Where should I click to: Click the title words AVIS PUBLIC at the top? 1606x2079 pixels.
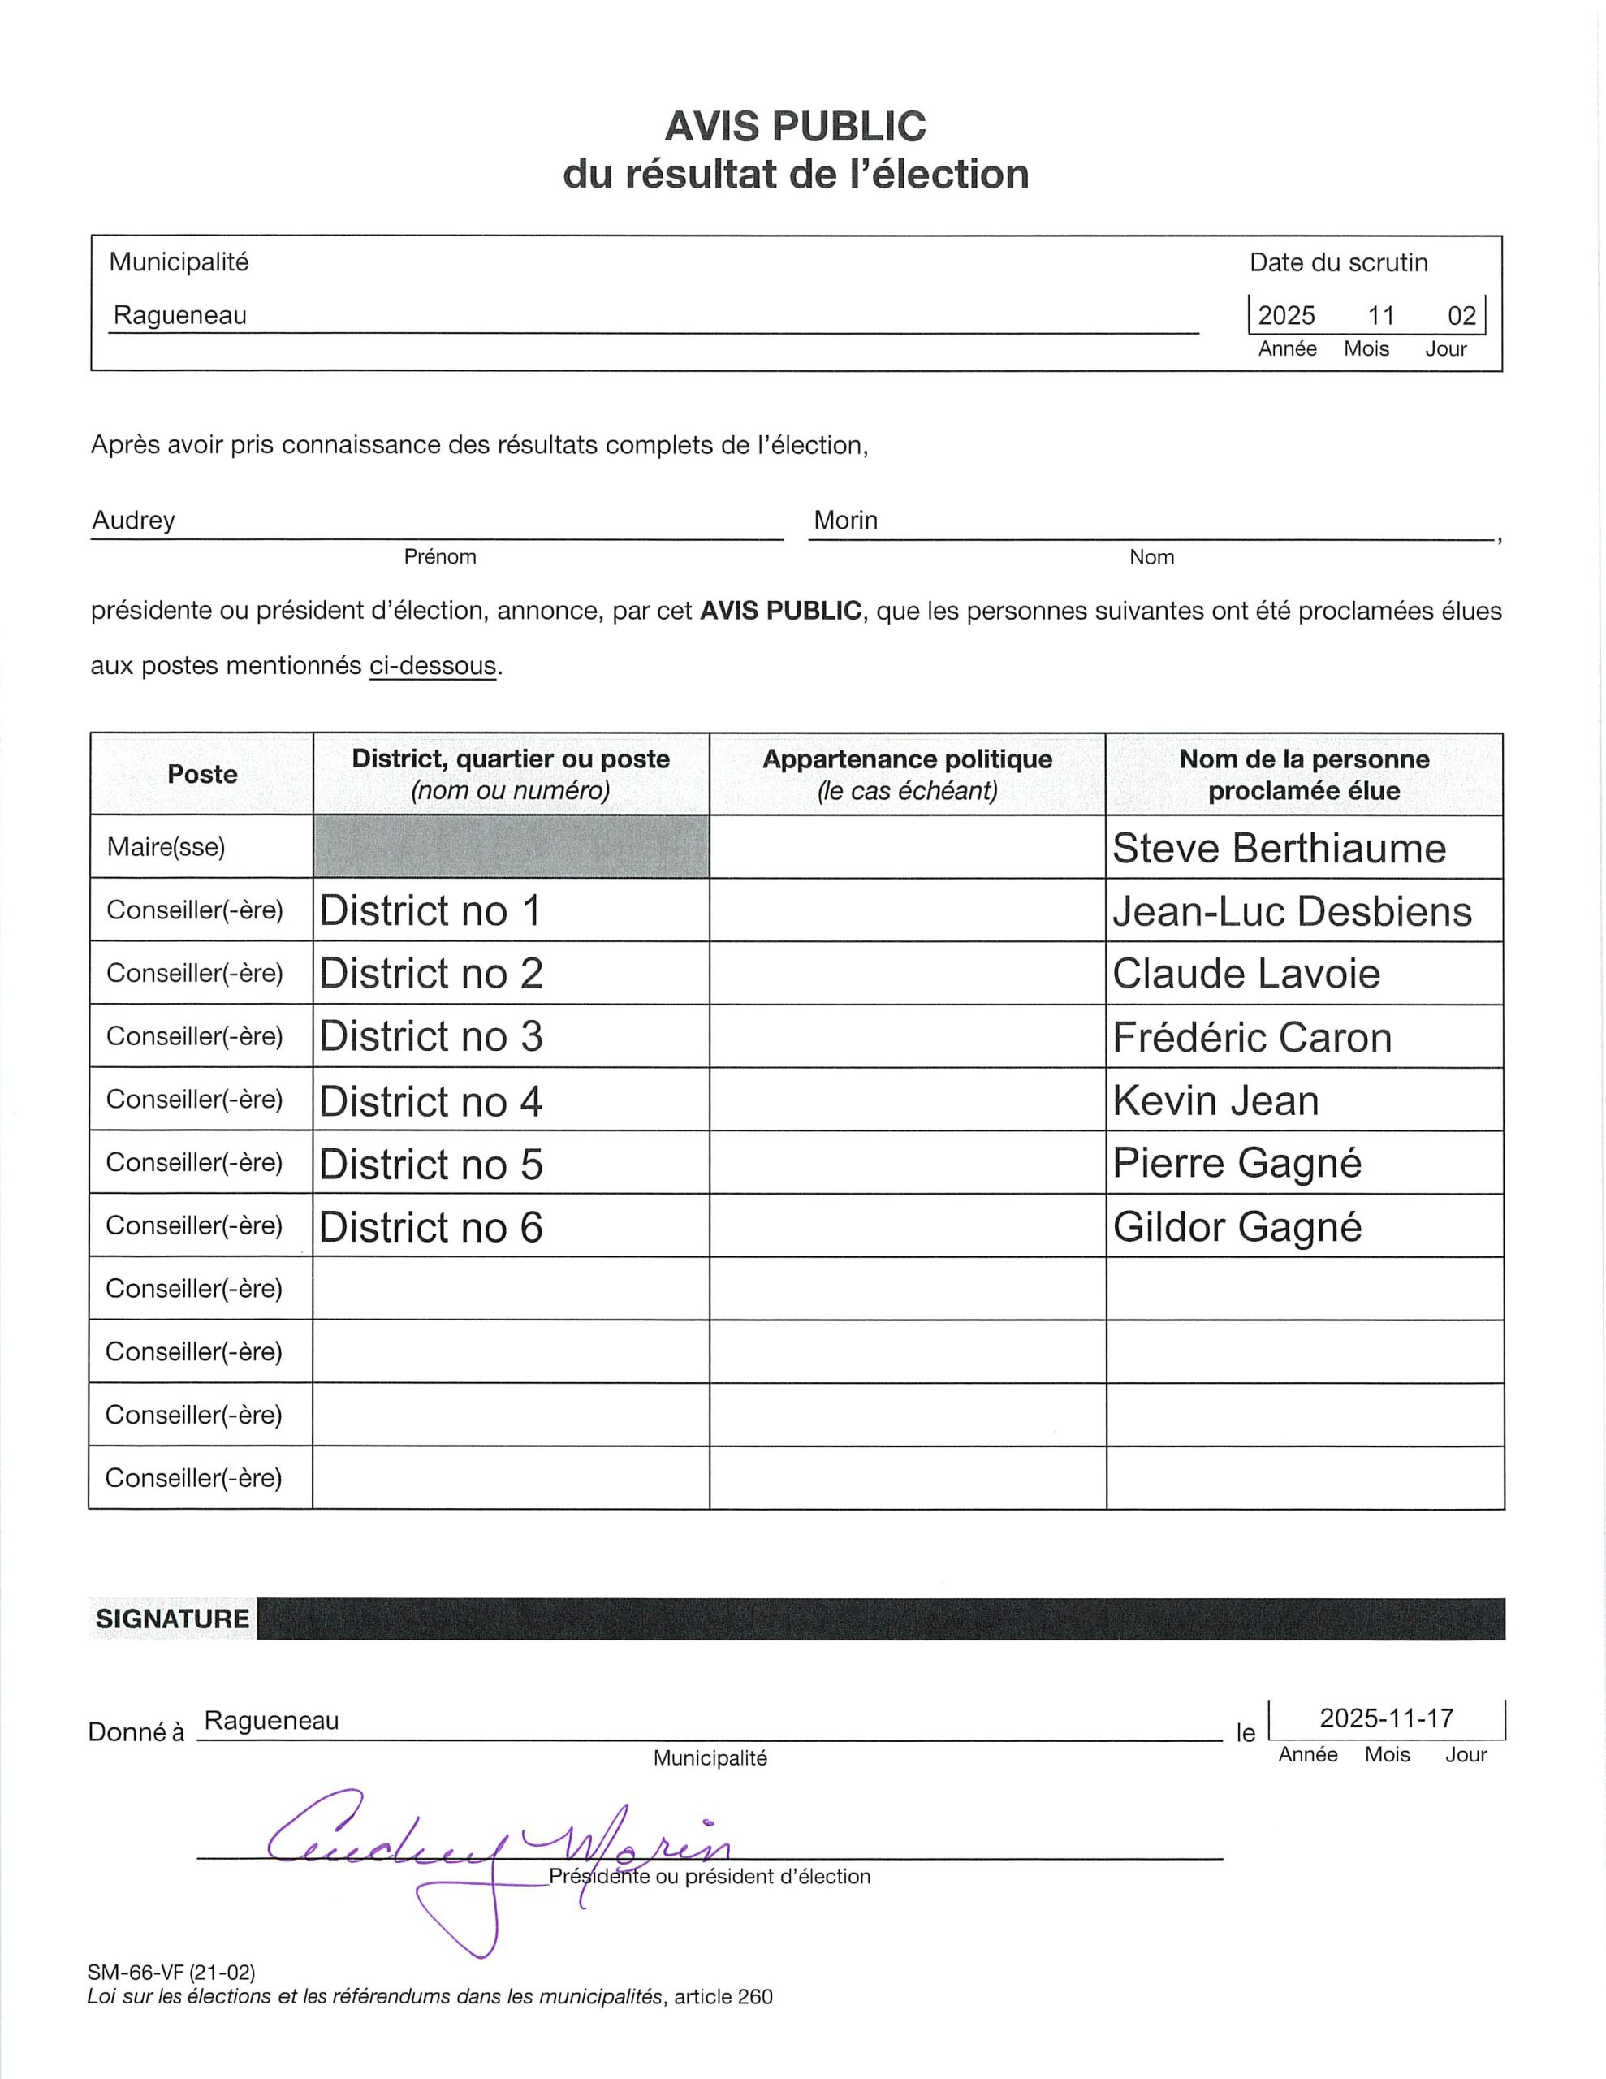tap(795, 127)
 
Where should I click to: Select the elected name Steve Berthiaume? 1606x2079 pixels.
tap(1279, 848)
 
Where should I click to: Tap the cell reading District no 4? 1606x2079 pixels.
tap(430, 1101)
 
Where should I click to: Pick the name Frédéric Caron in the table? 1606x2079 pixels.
tap(1252, 1038)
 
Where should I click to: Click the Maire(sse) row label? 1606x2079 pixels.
tap(166, 847)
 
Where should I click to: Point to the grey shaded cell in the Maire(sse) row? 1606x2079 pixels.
tap(512, 847)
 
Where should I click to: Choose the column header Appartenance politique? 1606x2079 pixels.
tap(906, 759)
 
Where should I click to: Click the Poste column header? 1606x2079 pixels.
tap(202, 774)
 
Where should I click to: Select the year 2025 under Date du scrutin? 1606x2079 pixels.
tap(1286, 316)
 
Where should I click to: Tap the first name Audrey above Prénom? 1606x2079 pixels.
tap(133, 521)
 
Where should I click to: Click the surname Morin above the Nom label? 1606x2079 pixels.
tap(845, 521)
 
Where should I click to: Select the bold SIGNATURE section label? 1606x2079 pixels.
tap(172, 1618)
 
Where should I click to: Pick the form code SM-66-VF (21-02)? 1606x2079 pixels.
tap(171, 1973)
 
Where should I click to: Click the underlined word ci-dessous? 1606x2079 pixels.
tap(433, 665)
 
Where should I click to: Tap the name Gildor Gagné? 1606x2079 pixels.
tap(1237, 1227)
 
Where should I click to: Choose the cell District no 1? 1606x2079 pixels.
tap(430, 911)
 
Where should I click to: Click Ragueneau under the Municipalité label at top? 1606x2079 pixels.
tap(180, 316)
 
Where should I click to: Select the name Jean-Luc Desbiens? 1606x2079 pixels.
tap(1292, 912)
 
